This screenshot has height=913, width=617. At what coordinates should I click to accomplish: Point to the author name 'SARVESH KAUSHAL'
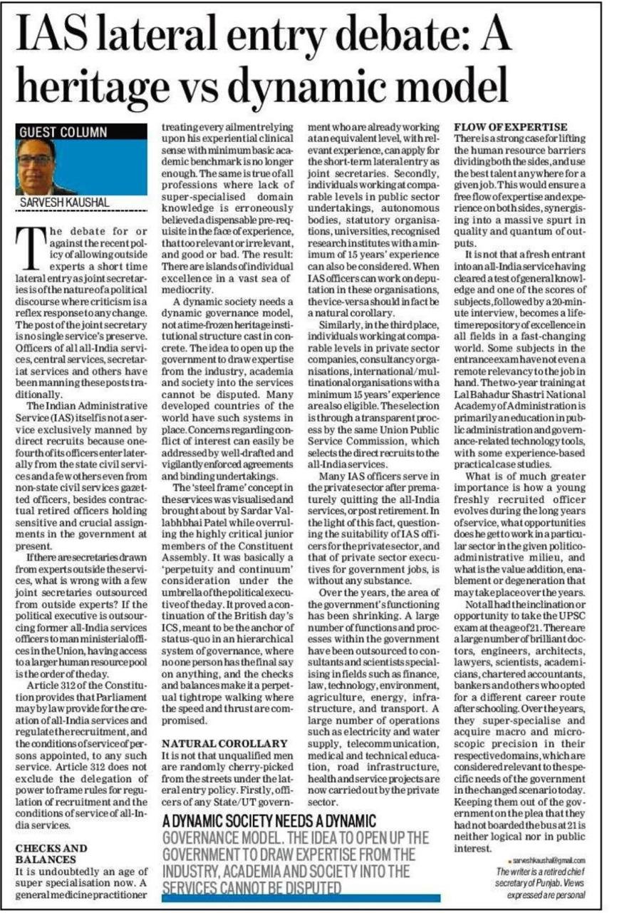tap(63, 203)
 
